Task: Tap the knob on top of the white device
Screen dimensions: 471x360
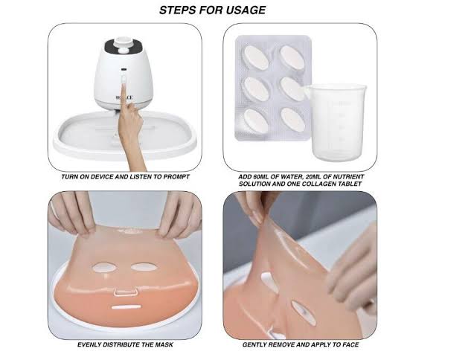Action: coord(124,50)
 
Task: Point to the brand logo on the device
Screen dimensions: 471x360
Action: coord(124,97)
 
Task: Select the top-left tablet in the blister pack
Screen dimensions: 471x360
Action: coord(256,58)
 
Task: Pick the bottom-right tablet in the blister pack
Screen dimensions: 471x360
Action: coord(292,120)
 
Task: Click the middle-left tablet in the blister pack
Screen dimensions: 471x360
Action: coord(256,89)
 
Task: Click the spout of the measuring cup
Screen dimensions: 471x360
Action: coord(309,90)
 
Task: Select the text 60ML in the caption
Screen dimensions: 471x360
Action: coord(260,177)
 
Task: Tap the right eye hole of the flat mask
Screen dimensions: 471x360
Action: coord(144,266)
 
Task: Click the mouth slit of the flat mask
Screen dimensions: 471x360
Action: coord(126,307)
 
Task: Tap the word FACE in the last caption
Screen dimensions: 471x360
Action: coord(350,344)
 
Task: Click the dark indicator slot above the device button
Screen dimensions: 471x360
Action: coord(124,70)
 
